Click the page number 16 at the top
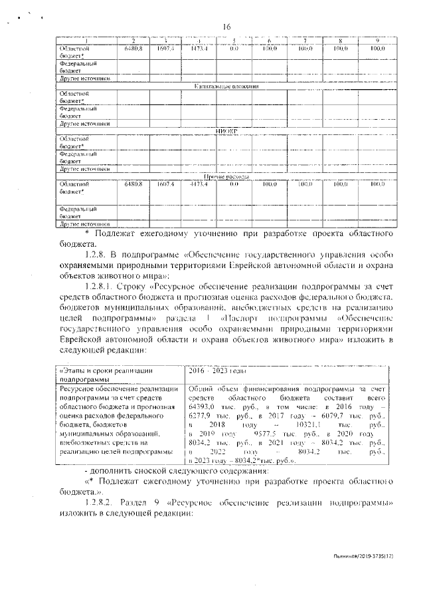pos(226,26)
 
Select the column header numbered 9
pos(377,41)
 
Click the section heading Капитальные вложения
pos(226,86)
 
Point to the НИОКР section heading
pos(226,132)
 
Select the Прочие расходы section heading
pos(226,176)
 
